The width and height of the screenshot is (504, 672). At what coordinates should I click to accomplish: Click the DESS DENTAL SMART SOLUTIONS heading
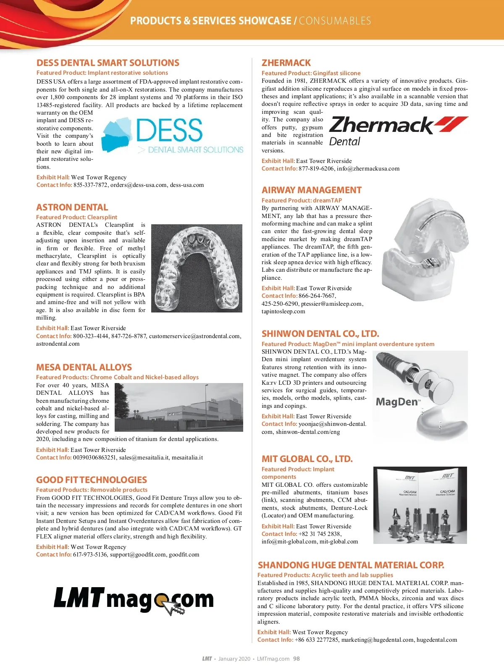(x=108, y=63)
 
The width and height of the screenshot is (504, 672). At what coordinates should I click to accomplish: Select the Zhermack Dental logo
(x=398, y=131)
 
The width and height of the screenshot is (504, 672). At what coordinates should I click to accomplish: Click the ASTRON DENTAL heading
(x=72, y=207)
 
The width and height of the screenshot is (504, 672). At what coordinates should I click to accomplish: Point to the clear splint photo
(x=197, y=268)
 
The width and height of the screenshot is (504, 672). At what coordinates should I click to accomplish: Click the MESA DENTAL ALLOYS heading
(x=84, y=367)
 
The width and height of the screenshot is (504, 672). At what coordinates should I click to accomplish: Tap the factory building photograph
(x=179, y=407)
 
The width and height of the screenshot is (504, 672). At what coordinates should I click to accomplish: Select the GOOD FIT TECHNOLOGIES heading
(x=92, y=480)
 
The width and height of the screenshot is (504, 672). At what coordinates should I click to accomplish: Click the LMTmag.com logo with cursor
(x=134, y=600)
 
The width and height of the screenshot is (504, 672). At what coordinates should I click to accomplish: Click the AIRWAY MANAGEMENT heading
(x=312, y=190)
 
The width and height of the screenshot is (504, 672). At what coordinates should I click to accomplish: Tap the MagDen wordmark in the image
(x=397, y=402)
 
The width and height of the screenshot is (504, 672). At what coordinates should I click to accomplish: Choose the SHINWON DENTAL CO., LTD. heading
(x=320, y=334)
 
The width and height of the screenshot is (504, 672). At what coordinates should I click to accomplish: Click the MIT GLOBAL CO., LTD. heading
(x=307, y=459)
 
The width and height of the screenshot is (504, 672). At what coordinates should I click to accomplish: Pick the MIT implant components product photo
(x=420, y=505)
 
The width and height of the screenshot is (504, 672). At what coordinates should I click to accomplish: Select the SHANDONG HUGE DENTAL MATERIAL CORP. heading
(x=351, y=565)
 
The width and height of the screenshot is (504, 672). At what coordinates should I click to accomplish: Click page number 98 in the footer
(x=297, y=659)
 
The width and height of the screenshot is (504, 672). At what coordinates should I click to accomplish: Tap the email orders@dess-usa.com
(x=139, y=185)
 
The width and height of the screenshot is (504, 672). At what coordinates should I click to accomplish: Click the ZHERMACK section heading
(x=286, y=63)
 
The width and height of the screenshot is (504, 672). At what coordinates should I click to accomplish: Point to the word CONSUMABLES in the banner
(x=335, y=21)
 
